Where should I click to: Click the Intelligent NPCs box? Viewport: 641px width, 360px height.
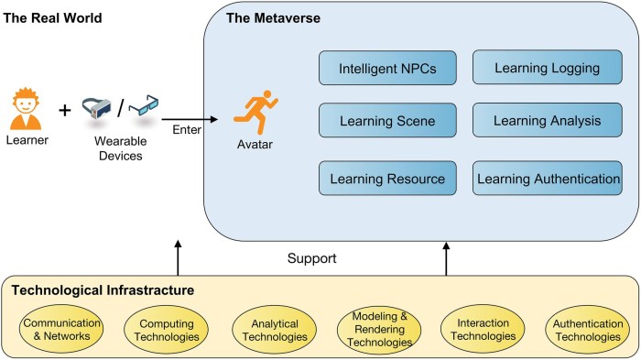387,68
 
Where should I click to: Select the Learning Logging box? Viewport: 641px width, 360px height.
547,68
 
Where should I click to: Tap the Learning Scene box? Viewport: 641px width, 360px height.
387,121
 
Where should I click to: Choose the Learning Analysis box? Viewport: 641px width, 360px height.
547,121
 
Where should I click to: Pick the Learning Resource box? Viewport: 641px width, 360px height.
387,178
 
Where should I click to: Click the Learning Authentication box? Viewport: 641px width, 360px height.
547,178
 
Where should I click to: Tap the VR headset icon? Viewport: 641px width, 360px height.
99,109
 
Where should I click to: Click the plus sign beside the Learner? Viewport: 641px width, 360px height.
64,111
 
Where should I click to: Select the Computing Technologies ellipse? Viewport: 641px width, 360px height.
161,331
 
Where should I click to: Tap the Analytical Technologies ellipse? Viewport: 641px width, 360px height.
269,331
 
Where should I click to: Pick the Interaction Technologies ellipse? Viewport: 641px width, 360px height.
482,331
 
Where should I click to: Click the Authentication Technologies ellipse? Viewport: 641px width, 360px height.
587,331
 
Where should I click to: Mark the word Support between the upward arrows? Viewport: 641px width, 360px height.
312,258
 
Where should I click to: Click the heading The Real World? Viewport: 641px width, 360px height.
53,18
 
